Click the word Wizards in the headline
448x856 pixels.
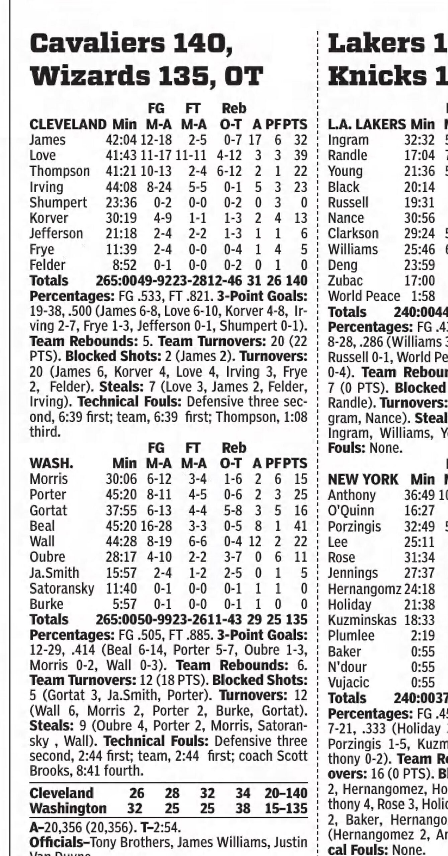pyautogui.click(x=90, y=76)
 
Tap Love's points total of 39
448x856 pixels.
pyautogui.click(x=300, y=155)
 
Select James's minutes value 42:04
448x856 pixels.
pyautogui.click(x=121, y=140)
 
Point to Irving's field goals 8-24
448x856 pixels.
pyautogui.click(x=159, y=187)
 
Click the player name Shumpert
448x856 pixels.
pyautogui.click(x=58, y=203)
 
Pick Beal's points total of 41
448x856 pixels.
pyautogui.click(x=300, y=526)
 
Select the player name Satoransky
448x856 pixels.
pyautogui.click(x=62, y=588)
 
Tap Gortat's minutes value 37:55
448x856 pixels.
pyautogui.click(x=121, y=511)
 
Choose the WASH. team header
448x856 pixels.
pyautogui.click(x=52, y=463)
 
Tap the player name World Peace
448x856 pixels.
pyautogui.click(x=364, y=296)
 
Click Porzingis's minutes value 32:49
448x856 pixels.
pyautogui.click(x=419, y=526)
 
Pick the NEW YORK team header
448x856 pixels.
pyautogui.click(x=363, y=479)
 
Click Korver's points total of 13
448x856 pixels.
pyautogui.click(x=300, y=218)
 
